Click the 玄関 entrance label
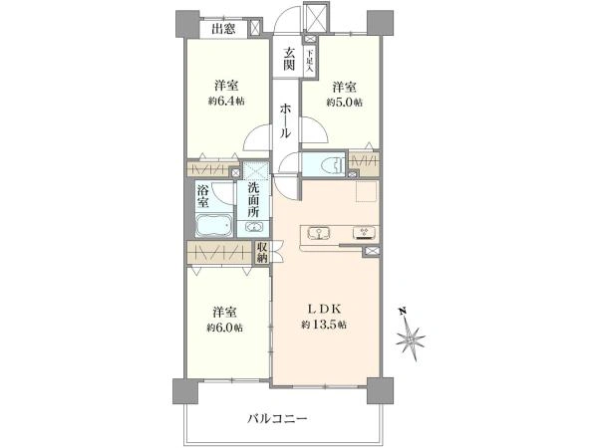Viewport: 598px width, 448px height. [288, 60]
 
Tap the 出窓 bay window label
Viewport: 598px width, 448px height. [223, 29]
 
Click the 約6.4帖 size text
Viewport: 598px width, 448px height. [226, 102]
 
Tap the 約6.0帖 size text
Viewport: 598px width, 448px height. [225, 329]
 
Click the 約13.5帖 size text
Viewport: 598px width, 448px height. [325, 326]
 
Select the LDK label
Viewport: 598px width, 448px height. [325, 310]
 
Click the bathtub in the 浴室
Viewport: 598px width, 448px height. [213, 225]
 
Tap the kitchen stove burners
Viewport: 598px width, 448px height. [364, 233]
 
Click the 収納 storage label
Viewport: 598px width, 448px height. [262, 253]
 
